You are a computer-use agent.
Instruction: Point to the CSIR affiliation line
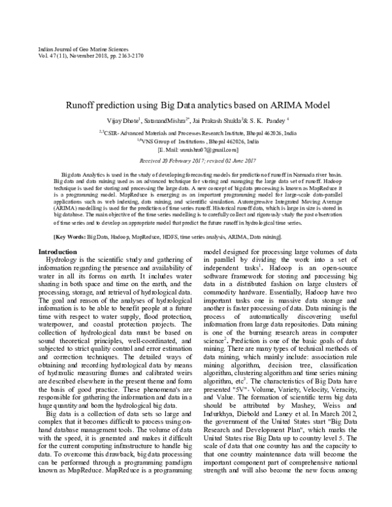point(197,133)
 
